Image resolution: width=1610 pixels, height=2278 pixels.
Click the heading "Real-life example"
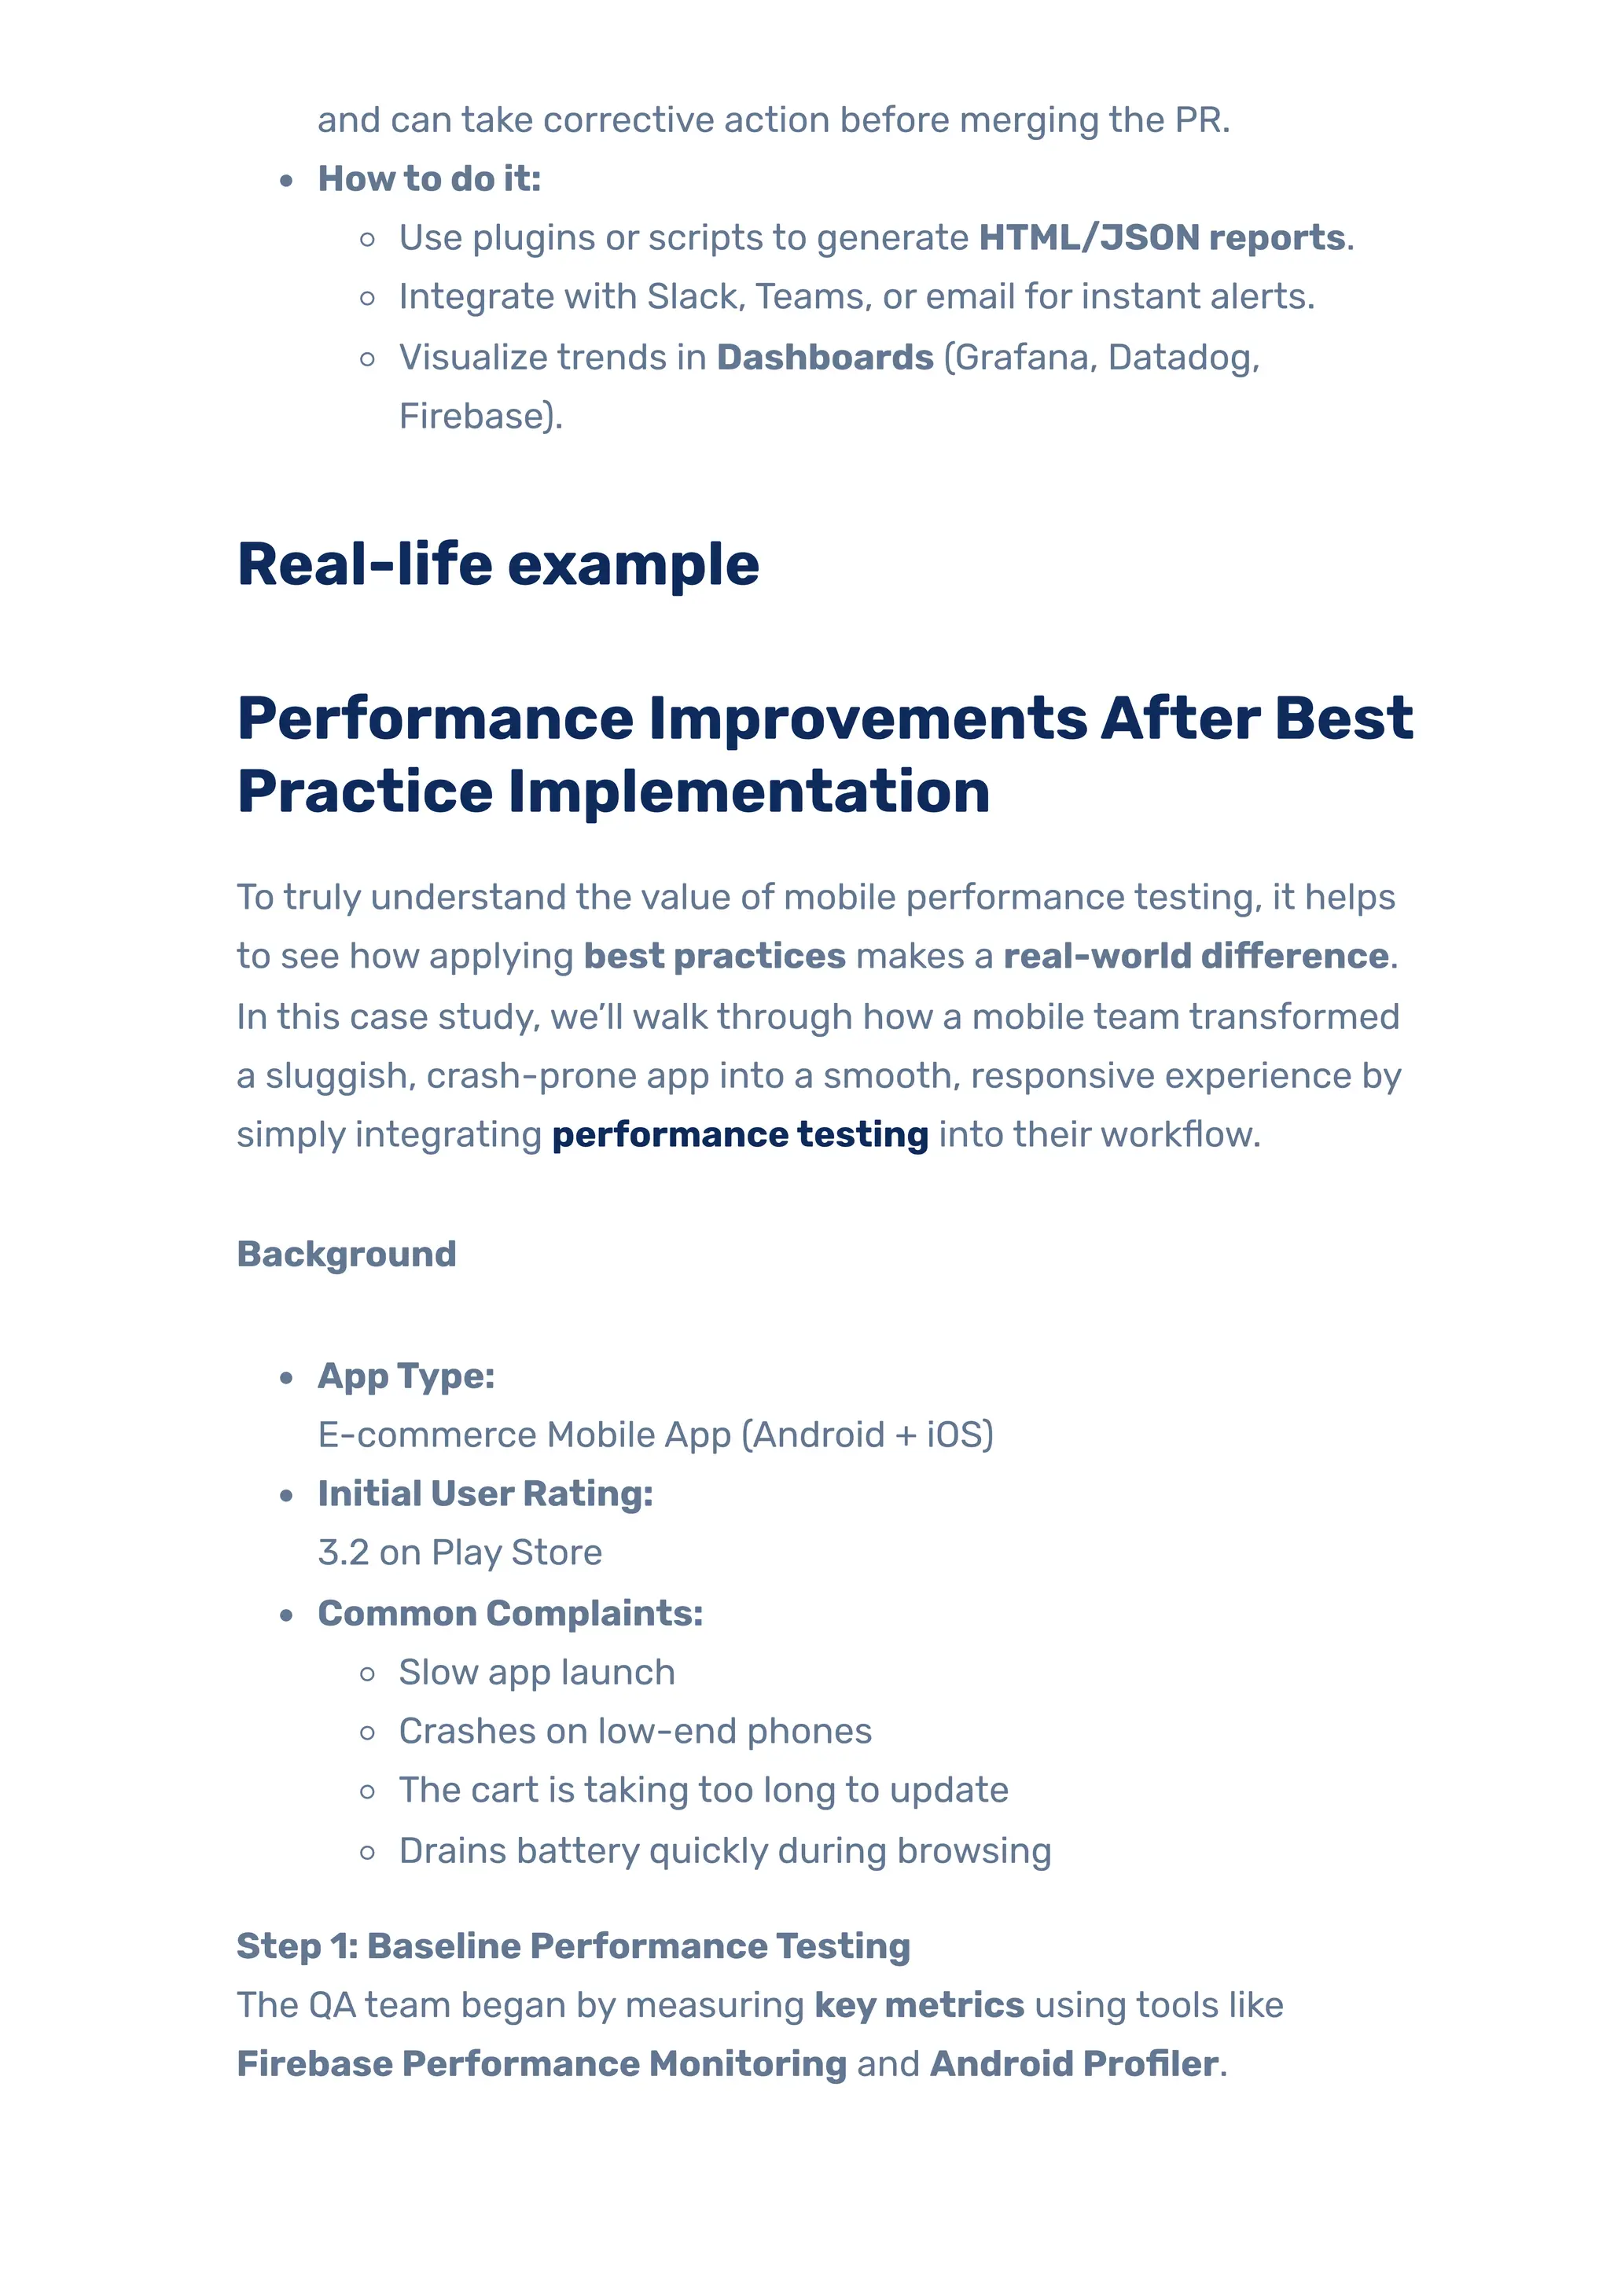point(498,564)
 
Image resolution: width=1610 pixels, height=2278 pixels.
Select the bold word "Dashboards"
point(825,357)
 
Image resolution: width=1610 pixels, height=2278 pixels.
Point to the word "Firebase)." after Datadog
point(480,416)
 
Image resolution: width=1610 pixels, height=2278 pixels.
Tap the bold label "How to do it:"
point(428,178)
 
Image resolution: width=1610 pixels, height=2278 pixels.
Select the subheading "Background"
point(346,1254)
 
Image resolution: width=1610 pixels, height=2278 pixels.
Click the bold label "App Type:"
point(406,1376)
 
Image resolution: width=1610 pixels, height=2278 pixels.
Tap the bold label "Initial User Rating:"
point(485,1494)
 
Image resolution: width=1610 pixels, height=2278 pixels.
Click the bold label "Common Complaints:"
point(510,1613)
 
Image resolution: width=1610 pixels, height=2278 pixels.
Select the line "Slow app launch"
point(537,1673)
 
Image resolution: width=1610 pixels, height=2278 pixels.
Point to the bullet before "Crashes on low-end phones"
point(368,1733)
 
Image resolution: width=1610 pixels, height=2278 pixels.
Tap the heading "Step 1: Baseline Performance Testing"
point(573,1946)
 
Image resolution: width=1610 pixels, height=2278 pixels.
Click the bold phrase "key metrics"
point(918,2005)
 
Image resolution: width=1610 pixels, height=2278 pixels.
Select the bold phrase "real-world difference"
point(1196,957)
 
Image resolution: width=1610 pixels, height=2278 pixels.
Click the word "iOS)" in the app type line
point(959,1435)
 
